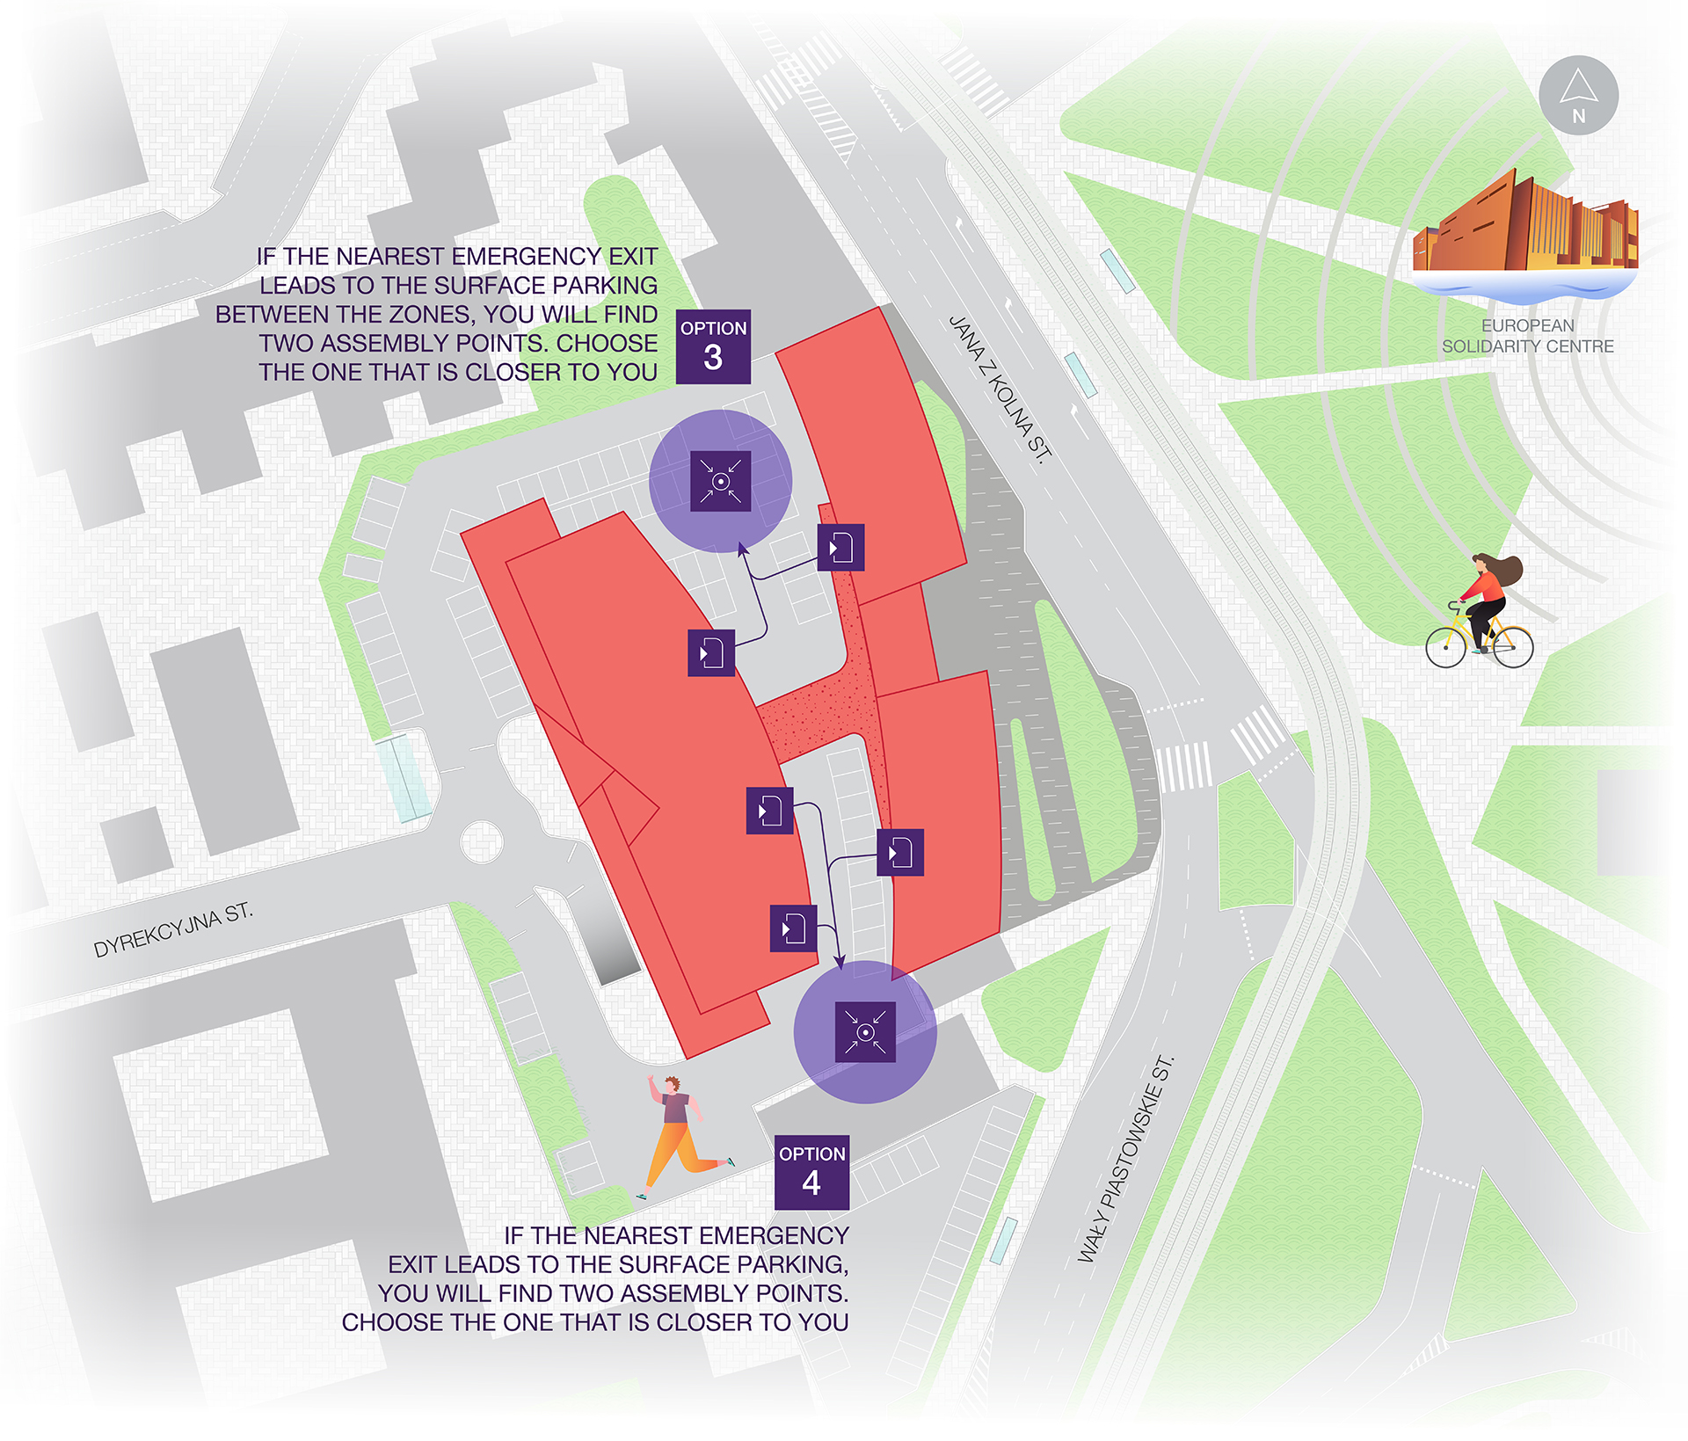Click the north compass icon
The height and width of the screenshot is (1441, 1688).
point(1578,95)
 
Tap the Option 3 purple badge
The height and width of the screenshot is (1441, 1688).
point(713,346)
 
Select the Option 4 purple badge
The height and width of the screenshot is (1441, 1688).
point(811,1172)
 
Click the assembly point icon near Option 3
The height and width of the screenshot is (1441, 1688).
point(720,481)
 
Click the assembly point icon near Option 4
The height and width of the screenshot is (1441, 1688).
point(865,1032)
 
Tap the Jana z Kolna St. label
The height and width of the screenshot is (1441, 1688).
point(1000,388)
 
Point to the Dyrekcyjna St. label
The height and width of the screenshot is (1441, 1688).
point(173,929)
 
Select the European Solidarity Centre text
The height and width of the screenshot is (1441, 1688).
point(1527,336)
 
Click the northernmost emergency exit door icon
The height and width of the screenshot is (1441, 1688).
point(840,547)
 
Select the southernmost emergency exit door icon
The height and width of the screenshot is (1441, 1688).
point(793,928)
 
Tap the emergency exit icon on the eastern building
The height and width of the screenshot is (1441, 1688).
point(900,852)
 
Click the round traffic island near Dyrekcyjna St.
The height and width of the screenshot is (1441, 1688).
point(481,841)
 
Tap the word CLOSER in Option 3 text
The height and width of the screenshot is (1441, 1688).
point(514,372)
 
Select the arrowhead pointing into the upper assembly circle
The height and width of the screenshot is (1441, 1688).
point(742,549)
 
